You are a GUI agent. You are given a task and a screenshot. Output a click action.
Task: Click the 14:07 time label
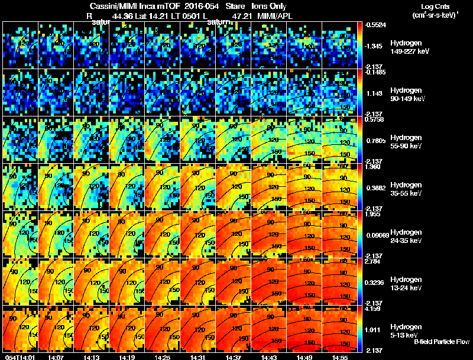point(56,357)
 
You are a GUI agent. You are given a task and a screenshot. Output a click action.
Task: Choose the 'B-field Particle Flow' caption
point(441,342)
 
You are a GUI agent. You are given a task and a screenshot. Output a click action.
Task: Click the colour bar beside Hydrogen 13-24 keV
point(360,281)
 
